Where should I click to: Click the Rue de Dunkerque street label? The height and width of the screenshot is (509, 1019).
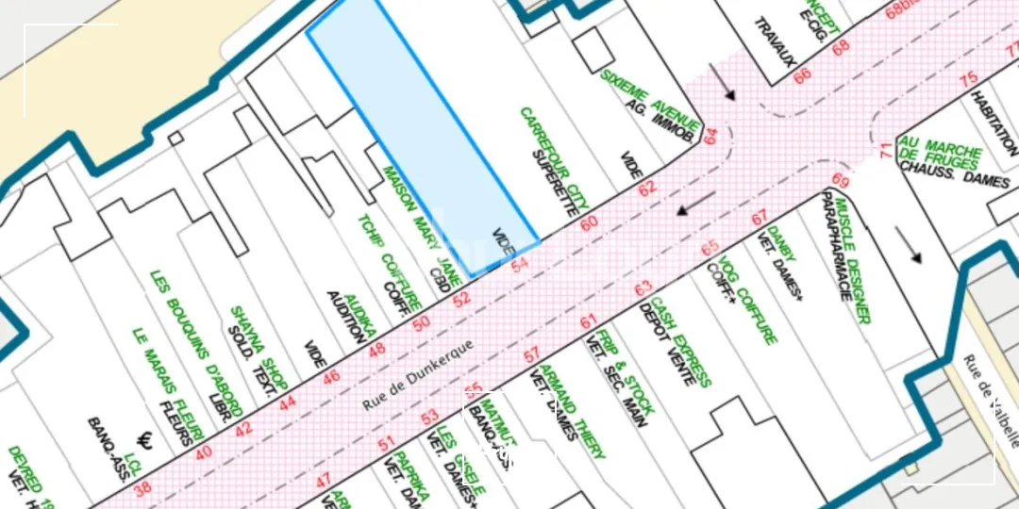[x=418, y=374]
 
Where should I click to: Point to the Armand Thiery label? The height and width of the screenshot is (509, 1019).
[x=572, y=411]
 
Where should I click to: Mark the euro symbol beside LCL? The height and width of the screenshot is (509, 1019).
[x=146, y=439]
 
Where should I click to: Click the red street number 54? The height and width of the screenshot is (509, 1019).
[x=519, y=267]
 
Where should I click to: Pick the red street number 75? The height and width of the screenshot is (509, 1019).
[x=968, y=79]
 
